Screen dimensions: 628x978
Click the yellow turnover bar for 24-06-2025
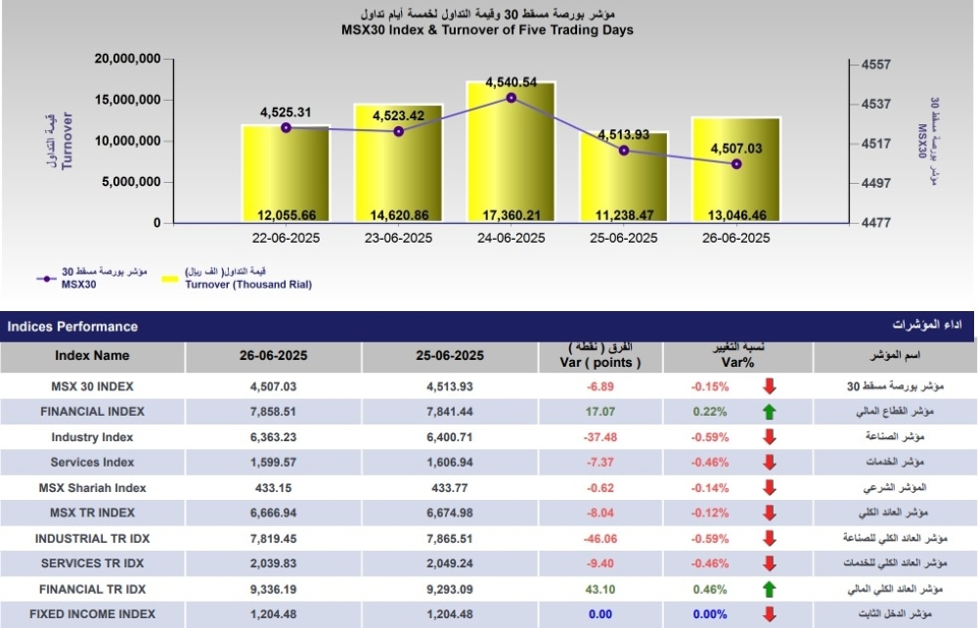tap(511, 157)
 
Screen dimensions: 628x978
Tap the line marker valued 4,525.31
tap(286, 127)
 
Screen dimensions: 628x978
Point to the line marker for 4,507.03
tap(736, 163)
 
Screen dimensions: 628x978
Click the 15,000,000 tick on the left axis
tap(127, 100)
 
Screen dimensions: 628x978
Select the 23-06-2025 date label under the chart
tap(398, 238)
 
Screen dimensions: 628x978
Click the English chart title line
tap(487, 30)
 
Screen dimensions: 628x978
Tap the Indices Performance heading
tap(72, 327)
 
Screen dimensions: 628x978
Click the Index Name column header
tap(92, 356)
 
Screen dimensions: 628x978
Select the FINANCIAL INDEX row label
tap(92, 412)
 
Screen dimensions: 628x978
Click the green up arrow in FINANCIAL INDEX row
tap(769, 412)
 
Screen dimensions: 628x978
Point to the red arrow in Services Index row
tap(769, 462)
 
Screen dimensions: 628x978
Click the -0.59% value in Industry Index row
tap(709, 437)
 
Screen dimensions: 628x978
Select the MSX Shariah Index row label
tap(92, 487)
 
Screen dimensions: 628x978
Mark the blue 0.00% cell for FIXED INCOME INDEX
tap(709, 614)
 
